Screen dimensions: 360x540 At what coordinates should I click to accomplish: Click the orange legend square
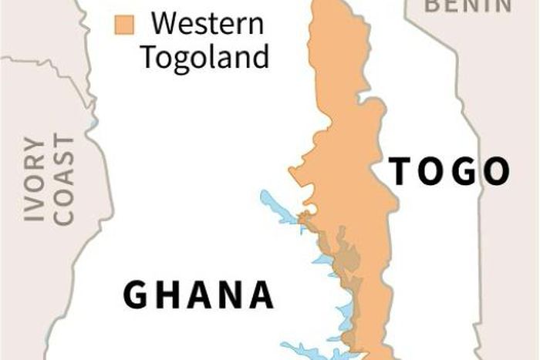[x=123, y=24]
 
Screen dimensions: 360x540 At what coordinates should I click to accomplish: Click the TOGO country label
[x=450, y=171]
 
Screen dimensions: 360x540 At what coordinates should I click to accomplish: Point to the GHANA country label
[x=199, y=295]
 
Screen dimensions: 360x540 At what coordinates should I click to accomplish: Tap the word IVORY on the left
[x=35, y=180]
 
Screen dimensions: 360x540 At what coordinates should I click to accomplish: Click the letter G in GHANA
[x=137, y=295]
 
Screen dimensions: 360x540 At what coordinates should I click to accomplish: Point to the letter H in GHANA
[x=167, y=295]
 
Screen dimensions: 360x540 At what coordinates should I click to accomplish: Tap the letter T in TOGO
[x=401, y=171]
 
